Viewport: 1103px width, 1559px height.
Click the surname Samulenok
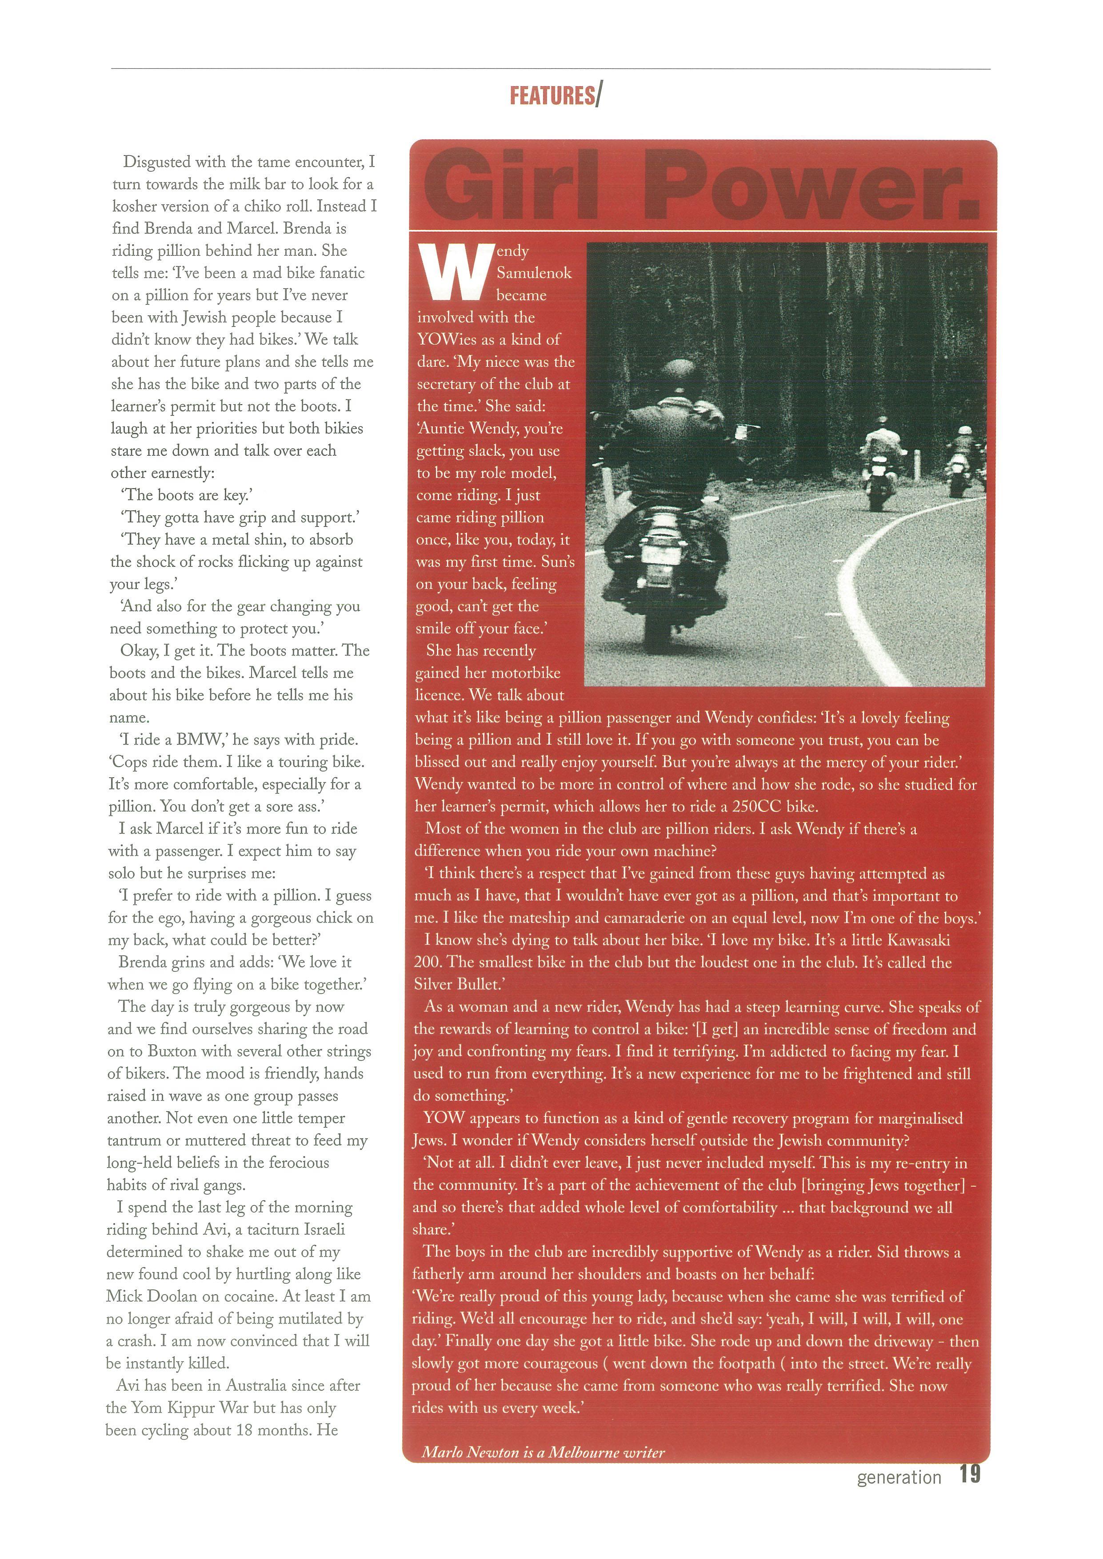[x=534, y=273]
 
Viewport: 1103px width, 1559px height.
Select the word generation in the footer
[x=899, y=1477]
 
